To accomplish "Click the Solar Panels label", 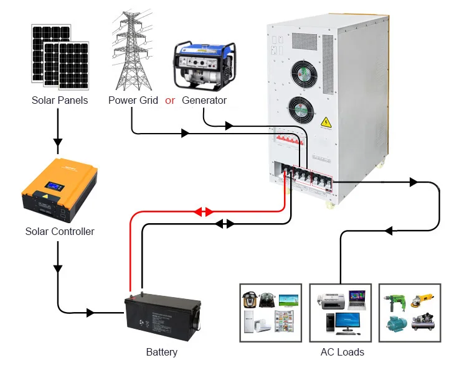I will coord(60,100).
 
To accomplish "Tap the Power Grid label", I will coord(133,100).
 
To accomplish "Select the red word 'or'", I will coord(170,100).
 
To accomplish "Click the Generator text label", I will coord(204,100).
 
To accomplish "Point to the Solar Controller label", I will coord(60,231).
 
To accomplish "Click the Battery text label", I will coord(162,352).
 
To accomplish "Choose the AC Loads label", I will coord(342,352).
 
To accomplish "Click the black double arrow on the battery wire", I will coord(225,223).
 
